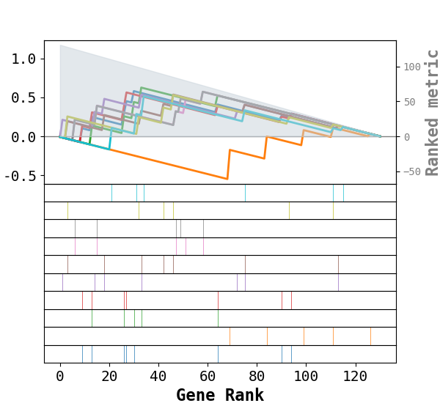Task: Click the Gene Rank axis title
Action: (220, 395)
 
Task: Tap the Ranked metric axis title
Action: (433, 112)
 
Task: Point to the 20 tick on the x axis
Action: (109, 376)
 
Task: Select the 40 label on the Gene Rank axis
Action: (158, 376)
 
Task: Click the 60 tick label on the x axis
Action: (208, 376)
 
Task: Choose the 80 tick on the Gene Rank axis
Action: (257, 376)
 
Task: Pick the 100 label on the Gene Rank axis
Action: (306, 376)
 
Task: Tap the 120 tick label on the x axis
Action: (355, 376)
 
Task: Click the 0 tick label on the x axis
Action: (60, 376)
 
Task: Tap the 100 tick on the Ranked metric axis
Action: (411, 67)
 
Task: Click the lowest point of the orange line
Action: (227, 179)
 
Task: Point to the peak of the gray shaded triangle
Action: (60, 45)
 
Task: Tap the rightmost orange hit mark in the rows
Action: (370, 336)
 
